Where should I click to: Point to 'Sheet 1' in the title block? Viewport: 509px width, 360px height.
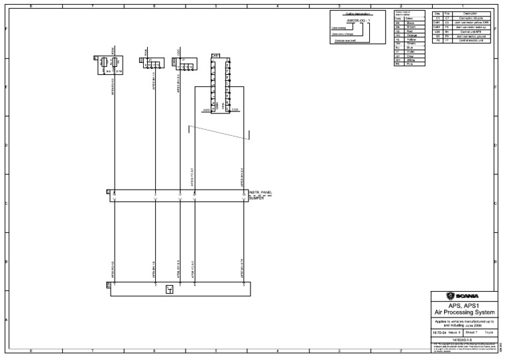pyautogui.click(x=472, y=331)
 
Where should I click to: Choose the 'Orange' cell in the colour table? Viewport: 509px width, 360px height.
pyautogui.click(x=412, y=36)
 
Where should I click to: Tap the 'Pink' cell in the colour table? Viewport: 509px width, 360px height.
pyautogui.click(x=412, y=64)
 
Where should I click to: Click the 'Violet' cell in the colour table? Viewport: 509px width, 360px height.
pyautogui.click(x=412, y=52)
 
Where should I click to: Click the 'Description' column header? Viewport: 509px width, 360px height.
pyautogui.click(x=471, y=13)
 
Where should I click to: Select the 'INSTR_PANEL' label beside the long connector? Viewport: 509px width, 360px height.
pyautogui.click(x=261, y=193)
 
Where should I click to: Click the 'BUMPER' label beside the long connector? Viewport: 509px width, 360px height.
pyautogui.click(x=257, y=198)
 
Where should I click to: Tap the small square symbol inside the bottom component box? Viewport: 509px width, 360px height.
pyautogui.click(x=170, y=289)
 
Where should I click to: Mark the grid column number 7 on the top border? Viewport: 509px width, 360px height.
pyautogui.click(x=92, y=5)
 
